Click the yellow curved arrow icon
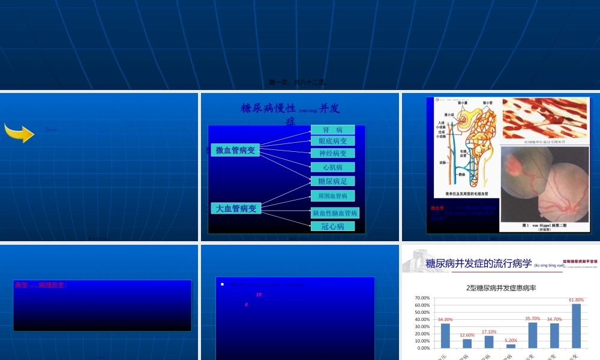(x=19, y=133)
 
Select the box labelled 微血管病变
(x=235, y=150)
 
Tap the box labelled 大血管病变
(x=236, y=208)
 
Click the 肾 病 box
(x=332, y=130)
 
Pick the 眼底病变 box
(x=333, y=141)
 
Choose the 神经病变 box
(x=333, y=154)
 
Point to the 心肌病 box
(x=333, y=167)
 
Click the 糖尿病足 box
(x=333, y=181)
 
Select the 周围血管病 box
(x=333, y=196)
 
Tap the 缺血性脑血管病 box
(x=335, y=213)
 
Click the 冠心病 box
(x=333, y=226)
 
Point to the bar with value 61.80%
(x=577, y=326)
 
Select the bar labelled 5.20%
(x=511, y=346)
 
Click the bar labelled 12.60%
(x=467, y=343)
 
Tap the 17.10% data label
(x=489, y=332)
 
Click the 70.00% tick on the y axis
(x=422, y=298)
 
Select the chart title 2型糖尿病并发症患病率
(x=501, y=287)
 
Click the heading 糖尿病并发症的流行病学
(x=479, y=263)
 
